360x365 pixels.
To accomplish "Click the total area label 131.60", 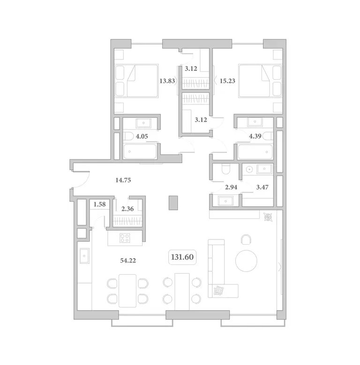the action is [x=182, y=257].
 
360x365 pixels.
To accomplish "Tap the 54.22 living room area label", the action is [x=128, y=261].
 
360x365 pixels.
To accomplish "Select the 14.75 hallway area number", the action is [x=123, y=180].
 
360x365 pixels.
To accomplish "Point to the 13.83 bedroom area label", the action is [x=167, y=81].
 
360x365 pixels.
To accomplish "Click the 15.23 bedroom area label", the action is [x=227, y=81].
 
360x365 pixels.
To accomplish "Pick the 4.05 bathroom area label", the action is [x=142, y=136].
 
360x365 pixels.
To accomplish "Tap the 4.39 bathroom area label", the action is [x=255, y=136].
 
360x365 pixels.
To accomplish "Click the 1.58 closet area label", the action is [x=99, y=204].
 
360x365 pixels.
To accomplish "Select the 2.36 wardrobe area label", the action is [x=127, y=209].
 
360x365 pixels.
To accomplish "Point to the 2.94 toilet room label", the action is [x=231, y=187].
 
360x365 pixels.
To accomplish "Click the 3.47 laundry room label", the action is [x=262, y=187].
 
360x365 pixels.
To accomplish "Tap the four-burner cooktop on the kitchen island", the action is [x=125, y=238].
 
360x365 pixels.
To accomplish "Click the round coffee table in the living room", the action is [x=246, y=261].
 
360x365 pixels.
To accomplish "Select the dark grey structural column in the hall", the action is [x=173, y=203].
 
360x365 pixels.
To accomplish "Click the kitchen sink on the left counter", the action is [x=84, y=256].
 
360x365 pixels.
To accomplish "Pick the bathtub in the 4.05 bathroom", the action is [x=140, y=151].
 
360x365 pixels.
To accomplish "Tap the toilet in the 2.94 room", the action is [x=225, y=169].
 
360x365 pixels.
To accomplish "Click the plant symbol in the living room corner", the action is [x=269, y=217].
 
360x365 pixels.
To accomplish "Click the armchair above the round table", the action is [x=246, y=239].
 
